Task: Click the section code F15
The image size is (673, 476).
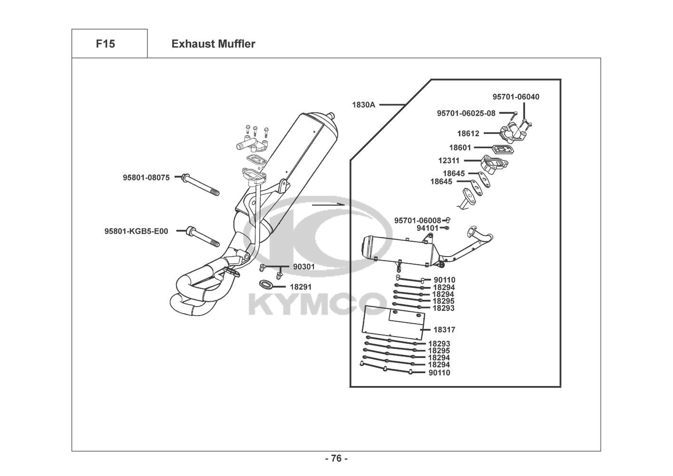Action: click(x=105, y=44)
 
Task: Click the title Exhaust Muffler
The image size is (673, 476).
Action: click(x=213, y=44)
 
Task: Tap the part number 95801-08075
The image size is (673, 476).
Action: click(x=146, y=178)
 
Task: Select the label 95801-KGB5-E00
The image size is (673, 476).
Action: click(x=136, y=232)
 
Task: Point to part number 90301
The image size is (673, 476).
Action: click(x=304, y=267)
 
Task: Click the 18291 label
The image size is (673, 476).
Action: click(x=301, y=287)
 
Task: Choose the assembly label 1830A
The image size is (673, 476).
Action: click(x=363, y=105)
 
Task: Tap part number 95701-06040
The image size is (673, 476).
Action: click(x=516, y=97)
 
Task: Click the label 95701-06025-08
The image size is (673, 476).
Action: click(x=466, y=113)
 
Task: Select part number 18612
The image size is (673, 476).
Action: click(x=468, y=134)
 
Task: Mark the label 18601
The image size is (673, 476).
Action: click(x=460, y=148)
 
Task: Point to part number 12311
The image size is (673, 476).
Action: click(x=449, y=161)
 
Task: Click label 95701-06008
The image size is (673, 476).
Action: click(x=418, y=220)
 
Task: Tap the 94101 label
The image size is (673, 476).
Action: click(x=428, y=228)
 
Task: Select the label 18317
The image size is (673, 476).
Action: click(x=444, y=329)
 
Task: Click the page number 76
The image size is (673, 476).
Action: click(x=336, y=459)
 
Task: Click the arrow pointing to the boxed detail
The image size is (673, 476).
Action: click(x=328, y=204)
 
